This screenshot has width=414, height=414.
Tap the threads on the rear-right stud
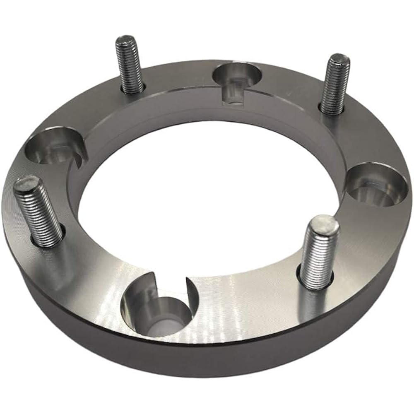[335, 87]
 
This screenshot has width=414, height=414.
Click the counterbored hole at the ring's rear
[237, 75]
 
